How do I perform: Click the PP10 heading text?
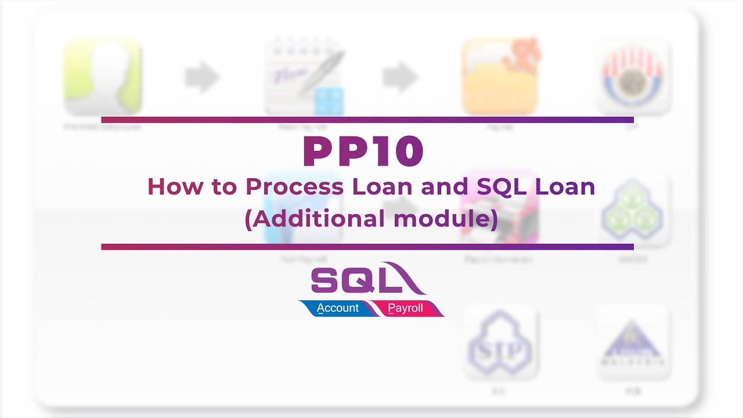(x=363, y=152)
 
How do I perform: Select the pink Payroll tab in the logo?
(x=406, y=308)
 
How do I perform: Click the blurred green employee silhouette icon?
(x=103, y=77)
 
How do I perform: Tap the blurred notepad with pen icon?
(x=304, y=77)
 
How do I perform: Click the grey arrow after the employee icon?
(x=203, y=77)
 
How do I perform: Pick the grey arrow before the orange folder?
(x=401, y=77)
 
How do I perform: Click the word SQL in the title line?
(x=501, y=187)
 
